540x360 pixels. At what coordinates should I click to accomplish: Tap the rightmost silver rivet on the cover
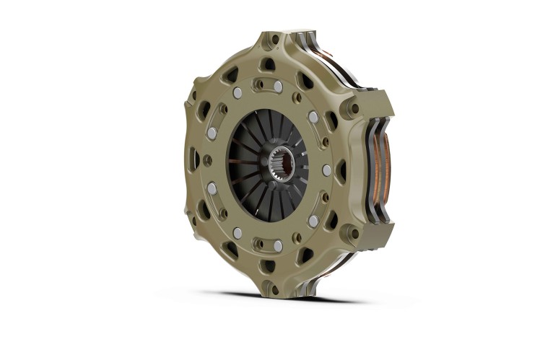[326, 170]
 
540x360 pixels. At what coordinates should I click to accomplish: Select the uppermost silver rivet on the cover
[278, 87]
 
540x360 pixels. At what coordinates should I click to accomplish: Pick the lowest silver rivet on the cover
[278, 245]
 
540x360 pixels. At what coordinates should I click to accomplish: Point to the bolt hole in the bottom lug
[274, 287]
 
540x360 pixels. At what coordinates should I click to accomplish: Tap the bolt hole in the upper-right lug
[353, 109]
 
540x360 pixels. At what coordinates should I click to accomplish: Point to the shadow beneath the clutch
[289, 297]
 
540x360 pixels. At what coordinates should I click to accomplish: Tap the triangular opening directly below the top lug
[268, 65]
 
